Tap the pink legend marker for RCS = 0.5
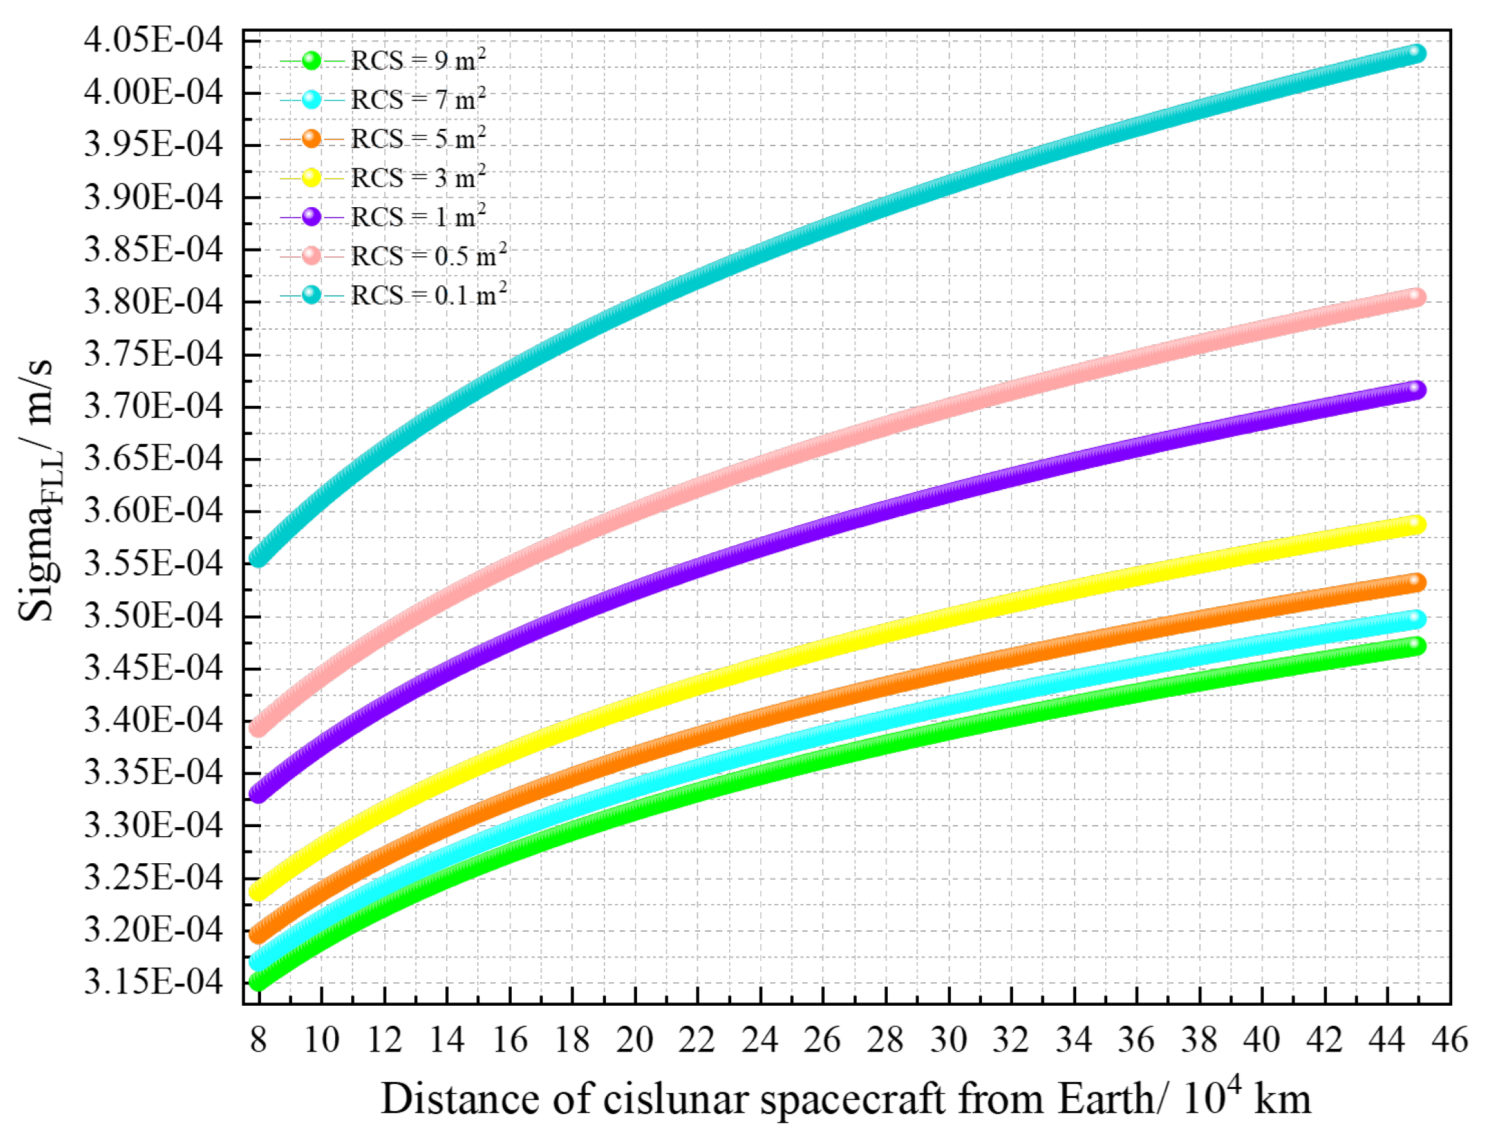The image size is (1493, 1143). (312, 256)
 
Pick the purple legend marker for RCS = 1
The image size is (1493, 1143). (312, 217)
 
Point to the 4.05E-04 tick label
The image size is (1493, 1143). (154, 39)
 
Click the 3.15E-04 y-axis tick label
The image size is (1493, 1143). (154, 982)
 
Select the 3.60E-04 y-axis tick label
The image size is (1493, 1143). (154, 511)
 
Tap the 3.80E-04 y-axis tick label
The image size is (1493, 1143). (154, 301)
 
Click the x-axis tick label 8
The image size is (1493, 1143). (258, 1040)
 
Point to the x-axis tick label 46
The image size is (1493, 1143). (1449, 1040)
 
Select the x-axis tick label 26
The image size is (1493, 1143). (822, 1040)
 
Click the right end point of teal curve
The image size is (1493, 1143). (1417, 53)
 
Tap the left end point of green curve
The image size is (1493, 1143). (258, 981)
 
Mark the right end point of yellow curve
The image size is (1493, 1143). (1417, 524)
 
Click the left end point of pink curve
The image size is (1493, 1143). (258, 727)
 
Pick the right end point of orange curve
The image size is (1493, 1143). (1417, 582)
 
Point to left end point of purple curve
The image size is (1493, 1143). (258, 792)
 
